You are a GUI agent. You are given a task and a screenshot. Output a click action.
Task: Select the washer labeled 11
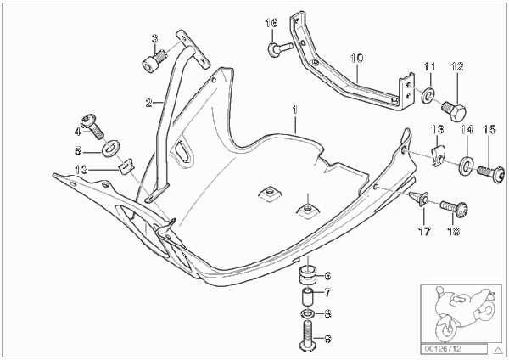[x=428, y=96]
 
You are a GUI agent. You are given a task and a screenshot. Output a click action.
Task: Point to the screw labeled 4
[x=92, y=126]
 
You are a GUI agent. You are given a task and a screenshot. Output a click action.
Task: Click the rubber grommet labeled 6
[x=307, y=276]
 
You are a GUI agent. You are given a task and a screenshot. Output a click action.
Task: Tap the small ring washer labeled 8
[x=307, y=314]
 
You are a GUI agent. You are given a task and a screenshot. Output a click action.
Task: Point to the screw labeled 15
[x=491, y=172]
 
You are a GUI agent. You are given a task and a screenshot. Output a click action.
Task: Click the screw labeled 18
[x=454, y=207]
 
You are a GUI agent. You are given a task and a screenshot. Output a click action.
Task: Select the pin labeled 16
[x=280, y=49]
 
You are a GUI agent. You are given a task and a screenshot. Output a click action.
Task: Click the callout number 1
[x=294, y=110]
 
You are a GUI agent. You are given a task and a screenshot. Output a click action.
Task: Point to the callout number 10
[x=356, y=59]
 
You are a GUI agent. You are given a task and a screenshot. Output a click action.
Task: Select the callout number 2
[x=149, y=103]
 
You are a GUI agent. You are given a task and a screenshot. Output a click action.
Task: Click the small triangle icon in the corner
[x=497, y=351]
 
